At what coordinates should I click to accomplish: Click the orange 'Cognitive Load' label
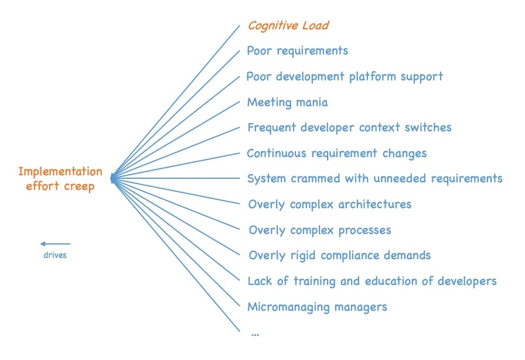tap(288, 26)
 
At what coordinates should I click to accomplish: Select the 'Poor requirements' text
tap(297, 51)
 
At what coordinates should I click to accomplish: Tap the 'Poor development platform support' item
tap(345, 77)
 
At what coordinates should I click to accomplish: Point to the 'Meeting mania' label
tap(287, 103)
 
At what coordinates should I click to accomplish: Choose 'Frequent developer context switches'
tap(349, 128)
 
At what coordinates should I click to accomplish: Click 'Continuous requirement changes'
tap(336, 154)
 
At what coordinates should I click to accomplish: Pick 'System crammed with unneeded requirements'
tap(374, 179)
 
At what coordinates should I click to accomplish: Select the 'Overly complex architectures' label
tap(329, 205)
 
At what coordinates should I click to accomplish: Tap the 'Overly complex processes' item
tap(319, 230)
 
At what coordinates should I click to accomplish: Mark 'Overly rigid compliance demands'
tap(339, 256)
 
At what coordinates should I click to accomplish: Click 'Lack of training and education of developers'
tap(371, 281)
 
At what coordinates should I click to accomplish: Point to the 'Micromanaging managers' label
tap(317, 307)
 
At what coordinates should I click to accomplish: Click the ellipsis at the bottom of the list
tap(254, 333)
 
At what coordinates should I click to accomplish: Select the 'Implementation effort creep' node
tap(60, 178)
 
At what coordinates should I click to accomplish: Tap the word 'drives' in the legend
tap(55, 256)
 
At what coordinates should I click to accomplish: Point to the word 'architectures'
tap(375, 205)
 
